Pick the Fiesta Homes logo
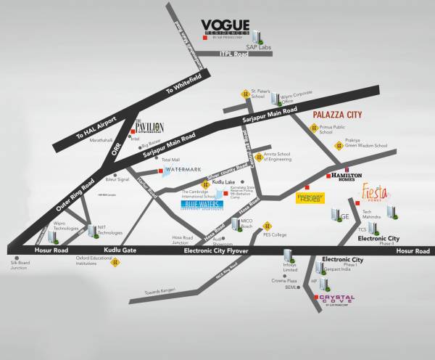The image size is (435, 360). click(x=376, y=195)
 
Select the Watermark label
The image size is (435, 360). click(x=181, y=170)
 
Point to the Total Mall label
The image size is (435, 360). click(x=170, y=159)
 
